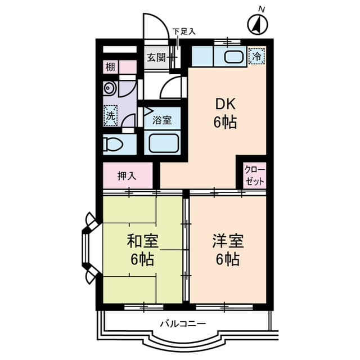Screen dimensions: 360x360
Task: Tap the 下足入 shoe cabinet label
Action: (x=183, y=31)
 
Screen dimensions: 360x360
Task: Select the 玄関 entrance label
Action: (x=156, y=57)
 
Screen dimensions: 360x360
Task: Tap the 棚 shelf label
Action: (x=110, y=67)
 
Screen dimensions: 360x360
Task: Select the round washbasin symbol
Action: (x=109, y=88)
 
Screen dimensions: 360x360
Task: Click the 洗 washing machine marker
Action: (x=111, y=116)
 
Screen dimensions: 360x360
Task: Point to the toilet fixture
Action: (x=112, y=144)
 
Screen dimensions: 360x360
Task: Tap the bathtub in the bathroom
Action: (x=163, y=144)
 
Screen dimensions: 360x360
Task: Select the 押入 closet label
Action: (x=127, y=175)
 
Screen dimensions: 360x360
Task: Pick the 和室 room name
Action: (x=142, y=241)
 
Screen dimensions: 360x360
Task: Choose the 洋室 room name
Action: (x=227, y=241)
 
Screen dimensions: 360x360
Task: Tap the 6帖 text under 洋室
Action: (x=227, y=259)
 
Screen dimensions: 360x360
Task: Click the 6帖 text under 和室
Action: (x=142, y=259)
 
